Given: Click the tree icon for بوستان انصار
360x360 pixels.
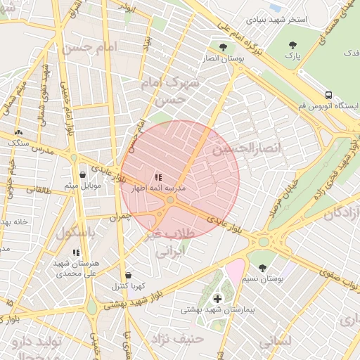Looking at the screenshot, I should click(x=223, y=48).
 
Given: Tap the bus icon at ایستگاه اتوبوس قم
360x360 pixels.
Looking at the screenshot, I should click(x=328, y=95).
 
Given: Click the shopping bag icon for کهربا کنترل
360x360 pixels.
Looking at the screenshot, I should click(x=127, y=276).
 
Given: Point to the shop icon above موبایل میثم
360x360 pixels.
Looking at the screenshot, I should click(x=83, y=175).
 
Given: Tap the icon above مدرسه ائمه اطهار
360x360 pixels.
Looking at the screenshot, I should click(x=158, y=178).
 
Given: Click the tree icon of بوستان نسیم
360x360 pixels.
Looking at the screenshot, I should click(x=263, y=268).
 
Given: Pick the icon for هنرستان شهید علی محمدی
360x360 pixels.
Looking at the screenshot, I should click(x=76, y=252).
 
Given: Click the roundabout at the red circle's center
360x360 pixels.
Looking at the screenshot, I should click(x=170, y=200).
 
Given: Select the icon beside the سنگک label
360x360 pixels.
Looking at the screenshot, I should click(x=18, y=131).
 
